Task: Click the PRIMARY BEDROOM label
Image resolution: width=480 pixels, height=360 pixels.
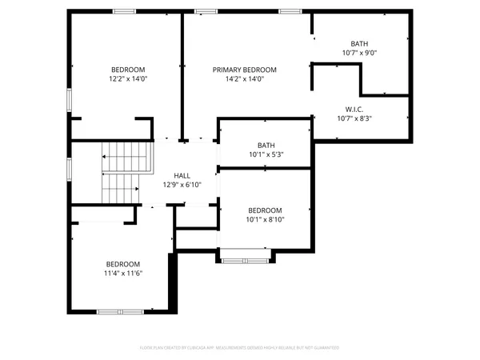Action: click(x=244, y=70)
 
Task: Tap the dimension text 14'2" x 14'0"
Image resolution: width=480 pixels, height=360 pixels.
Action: click(x=244, y=79)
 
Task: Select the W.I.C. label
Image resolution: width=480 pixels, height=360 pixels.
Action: click(x=354, y=109)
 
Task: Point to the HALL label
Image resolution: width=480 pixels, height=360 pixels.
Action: click(x=182, y=174)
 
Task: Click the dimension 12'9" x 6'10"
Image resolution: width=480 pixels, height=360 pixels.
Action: click(x=182, y=184)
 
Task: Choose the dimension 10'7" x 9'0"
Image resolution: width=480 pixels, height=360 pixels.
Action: click(x=358, y=53)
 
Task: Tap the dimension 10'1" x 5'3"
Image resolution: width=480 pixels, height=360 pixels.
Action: click(x=266, y=154)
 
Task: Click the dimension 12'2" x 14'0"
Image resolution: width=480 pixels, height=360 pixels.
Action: click(x=129, y=79)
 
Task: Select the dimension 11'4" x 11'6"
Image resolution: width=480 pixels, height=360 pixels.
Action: click(x=123, y=274)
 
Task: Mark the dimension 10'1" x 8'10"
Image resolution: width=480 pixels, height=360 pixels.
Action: click(x=265, y=219)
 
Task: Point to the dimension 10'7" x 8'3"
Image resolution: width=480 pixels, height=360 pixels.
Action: click(x=354, y=118)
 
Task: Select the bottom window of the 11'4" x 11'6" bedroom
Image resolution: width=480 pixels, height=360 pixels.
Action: click(x=119, y=310)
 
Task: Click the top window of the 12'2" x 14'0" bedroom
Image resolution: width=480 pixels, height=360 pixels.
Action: click(x=124, y=11)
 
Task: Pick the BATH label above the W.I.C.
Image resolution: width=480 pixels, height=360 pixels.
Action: click(x=359, y=43)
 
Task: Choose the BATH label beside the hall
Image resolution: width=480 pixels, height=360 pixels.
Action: click(x=266, y=145)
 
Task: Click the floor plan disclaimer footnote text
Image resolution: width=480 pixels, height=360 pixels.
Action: click(x=240, y=348)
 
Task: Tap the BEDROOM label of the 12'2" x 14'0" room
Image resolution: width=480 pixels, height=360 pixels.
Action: click(x=129, y=70)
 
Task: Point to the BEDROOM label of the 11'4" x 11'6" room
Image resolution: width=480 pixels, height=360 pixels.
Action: click(x=123, y=264)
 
